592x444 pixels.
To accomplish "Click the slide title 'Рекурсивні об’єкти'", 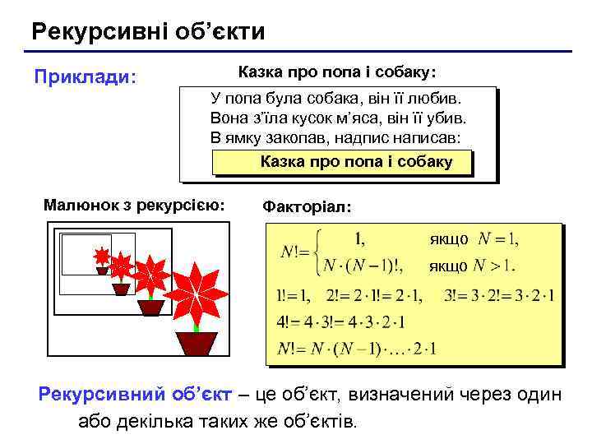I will [x=148, y=32].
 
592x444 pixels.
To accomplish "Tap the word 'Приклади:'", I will [x=85, y=76].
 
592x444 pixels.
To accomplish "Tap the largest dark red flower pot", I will [x=197, y=344].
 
